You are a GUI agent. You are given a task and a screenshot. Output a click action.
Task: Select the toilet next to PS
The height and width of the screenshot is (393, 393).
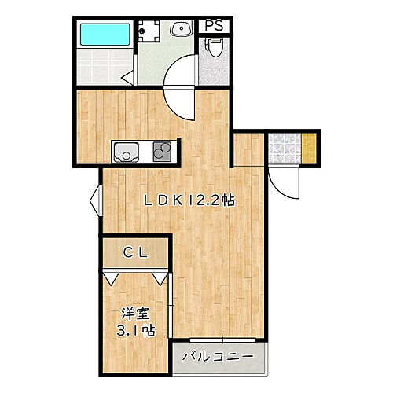[x=213, y=50]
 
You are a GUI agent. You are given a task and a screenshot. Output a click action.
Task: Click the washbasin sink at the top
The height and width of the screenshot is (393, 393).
[x=181, y=29]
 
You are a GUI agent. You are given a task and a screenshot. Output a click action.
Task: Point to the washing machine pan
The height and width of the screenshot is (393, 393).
[x=148, y=30]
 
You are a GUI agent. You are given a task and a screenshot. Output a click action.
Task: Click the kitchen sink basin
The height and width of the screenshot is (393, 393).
[x=126, y=151]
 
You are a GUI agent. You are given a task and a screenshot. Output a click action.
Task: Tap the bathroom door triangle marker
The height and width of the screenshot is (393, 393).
[x=127, y=77]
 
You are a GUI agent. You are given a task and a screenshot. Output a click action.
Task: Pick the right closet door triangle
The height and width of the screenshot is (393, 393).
[x=160, y=277]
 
